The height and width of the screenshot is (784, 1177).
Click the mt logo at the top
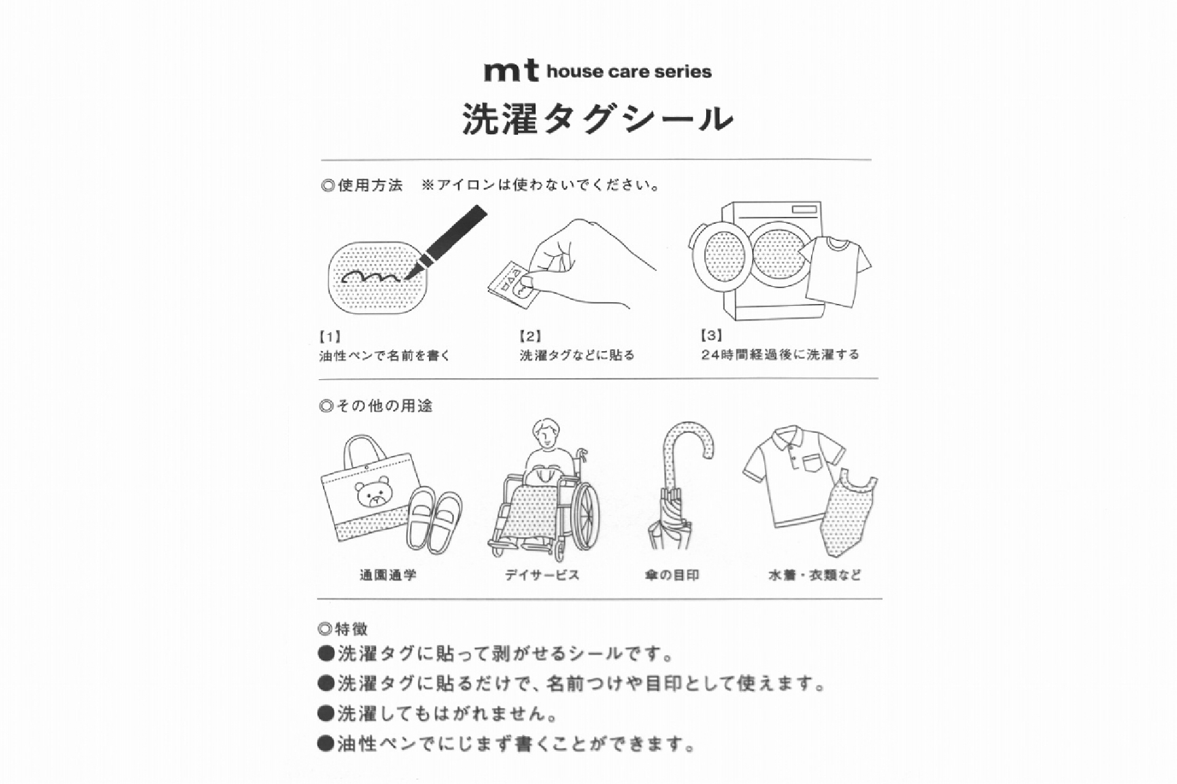point(511,71)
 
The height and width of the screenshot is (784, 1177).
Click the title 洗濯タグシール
point(598,118)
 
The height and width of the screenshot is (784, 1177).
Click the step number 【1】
point(330,337)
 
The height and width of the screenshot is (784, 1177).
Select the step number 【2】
point(530,336)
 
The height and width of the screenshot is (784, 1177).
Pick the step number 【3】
point(711,335)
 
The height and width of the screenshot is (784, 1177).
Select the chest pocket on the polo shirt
point(810,462)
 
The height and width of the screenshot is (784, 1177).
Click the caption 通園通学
point(387,575)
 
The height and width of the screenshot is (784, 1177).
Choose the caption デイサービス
point(541,575)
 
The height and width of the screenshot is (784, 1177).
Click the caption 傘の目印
point(672,575)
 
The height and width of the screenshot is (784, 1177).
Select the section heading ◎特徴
point(343,629)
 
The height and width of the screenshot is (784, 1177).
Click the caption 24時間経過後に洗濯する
point(780,354)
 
